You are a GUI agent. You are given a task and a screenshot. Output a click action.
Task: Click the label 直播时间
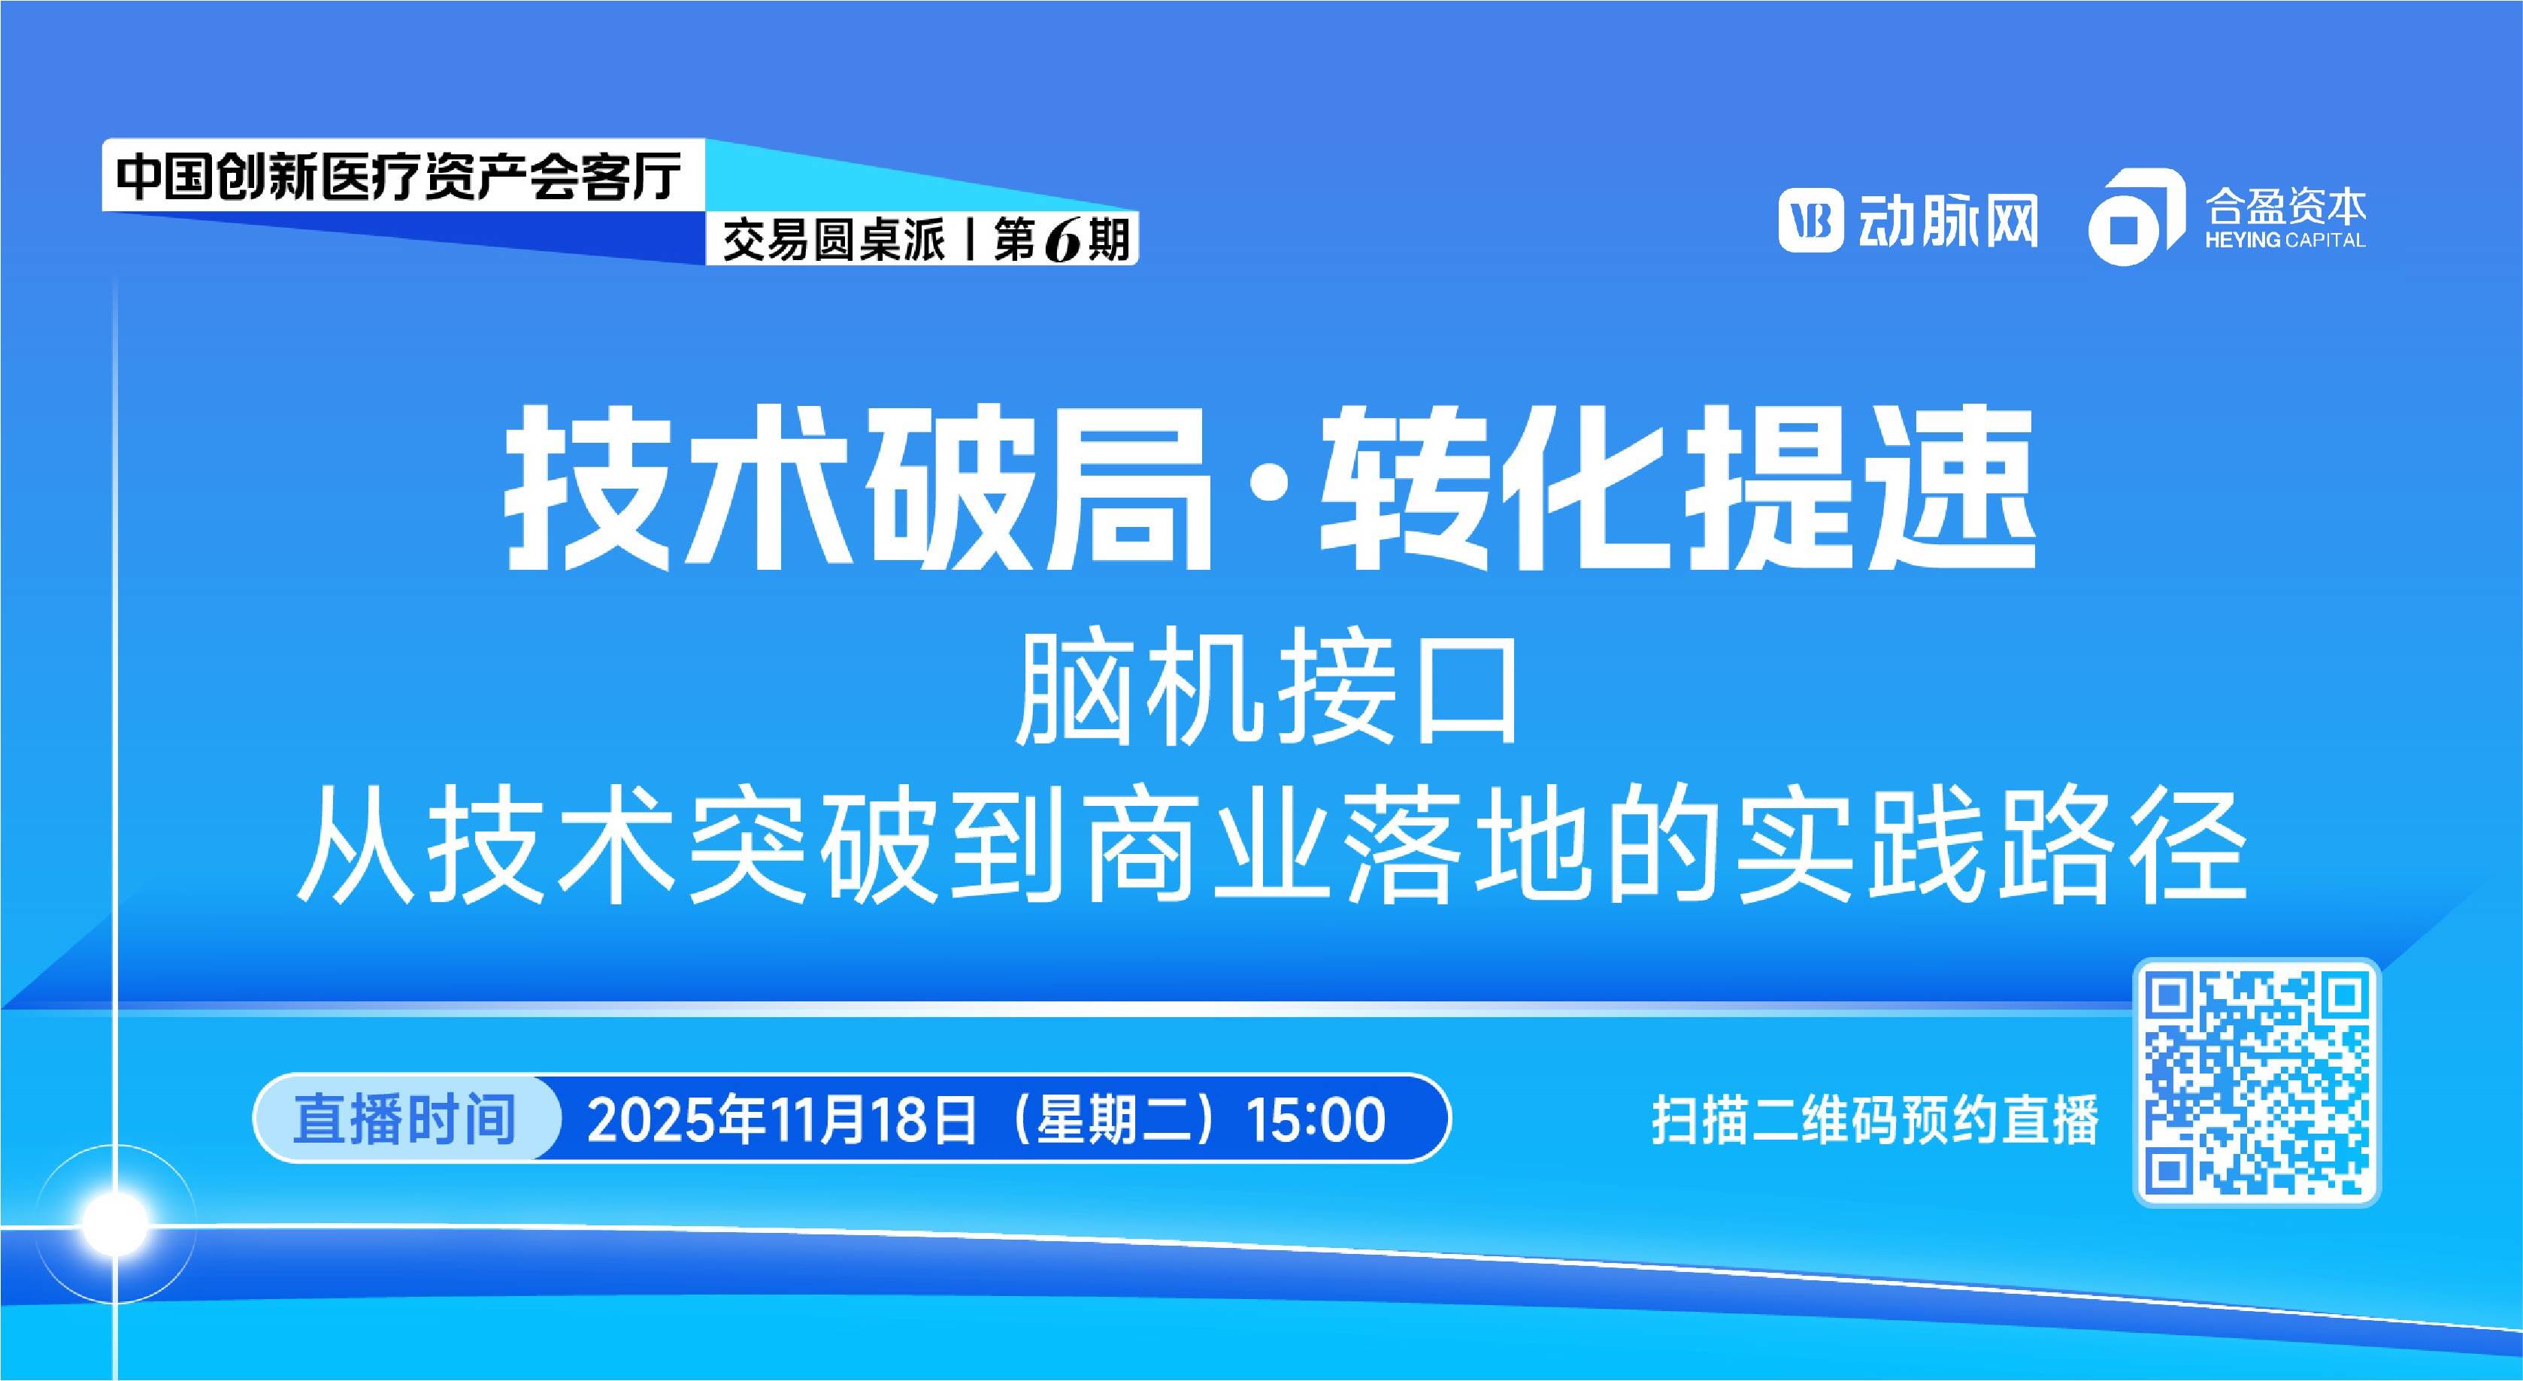pos(404,1119)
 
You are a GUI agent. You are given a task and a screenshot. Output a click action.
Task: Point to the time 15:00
pos(1316,1120)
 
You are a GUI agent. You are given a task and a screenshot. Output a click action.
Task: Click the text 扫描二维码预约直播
pos(1876,1120)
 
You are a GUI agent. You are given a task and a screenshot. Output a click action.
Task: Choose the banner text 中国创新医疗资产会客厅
pos(398,177)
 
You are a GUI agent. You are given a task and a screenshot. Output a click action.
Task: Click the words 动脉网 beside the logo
pos(1944,221)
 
